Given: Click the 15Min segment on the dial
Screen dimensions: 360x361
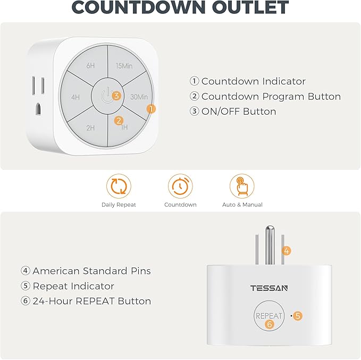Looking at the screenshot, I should [x=124, y=66].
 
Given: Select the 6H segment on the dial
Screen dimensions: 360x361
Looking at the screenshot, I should [x=91, y=66].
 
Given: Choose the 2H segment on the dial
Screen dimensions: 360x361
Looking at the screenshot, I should [x=90, y=127].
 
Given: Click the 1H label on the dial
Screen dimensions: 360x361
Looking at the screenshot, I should [x=124, y=127].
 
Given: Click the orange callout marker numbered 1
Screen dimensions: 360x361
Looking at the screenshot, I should [x=152, y=108].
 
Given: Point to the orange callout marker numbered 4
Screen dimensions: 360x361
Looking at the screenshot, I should [x=287, y=251].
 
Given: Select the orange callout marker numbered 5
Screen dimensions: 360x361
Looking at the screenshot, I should [x=298, y=316].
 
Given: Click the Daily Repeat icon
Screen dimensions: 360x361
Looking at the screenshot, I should [x=119, y=186].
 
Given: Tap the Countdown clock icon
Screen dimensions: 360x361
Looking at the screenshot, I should [x=180, y=186].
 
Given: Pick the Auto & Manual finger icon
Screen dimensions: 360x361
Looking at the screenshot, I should [x=242, y=186].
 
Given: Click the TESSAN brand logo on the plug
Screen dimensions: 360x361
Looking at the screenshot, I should [x=269, y=288].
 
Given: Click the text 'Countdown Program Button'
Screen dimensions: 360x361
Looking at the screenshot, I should [x=271, y=96].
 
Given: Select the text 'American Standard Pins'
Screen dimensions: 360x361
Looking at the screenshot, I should [x=91, y=271].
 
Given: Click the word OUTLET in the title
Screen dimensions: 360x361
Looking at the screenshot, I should [x=249, y=8].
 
